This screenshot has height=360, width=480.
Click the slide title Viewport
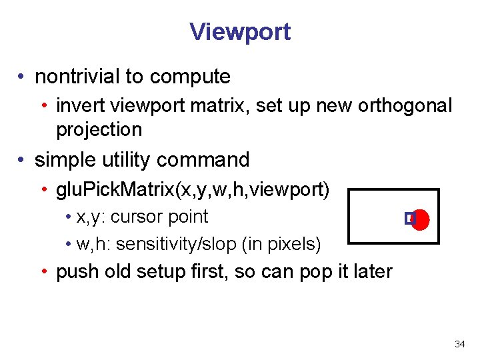240,31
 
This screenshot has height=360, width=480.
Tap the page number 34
459,345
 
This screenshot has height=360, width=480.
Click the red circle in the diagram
421,219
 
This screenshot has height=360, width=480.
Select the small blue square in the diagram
409,218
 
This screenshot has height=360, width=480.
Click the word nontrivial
77,77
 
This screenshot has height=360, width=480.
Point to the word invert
77,105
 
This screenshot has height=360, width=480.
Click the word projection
99,129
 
